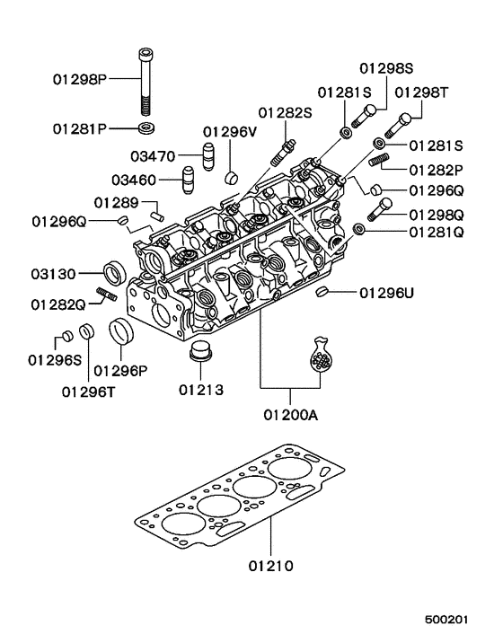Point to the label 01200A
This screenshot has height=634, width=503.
pos(290,415)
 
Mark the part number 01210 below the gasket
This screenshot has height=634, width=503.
pos(271,567)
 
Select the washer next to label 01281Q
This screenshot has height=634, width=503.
pos(359,232)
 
